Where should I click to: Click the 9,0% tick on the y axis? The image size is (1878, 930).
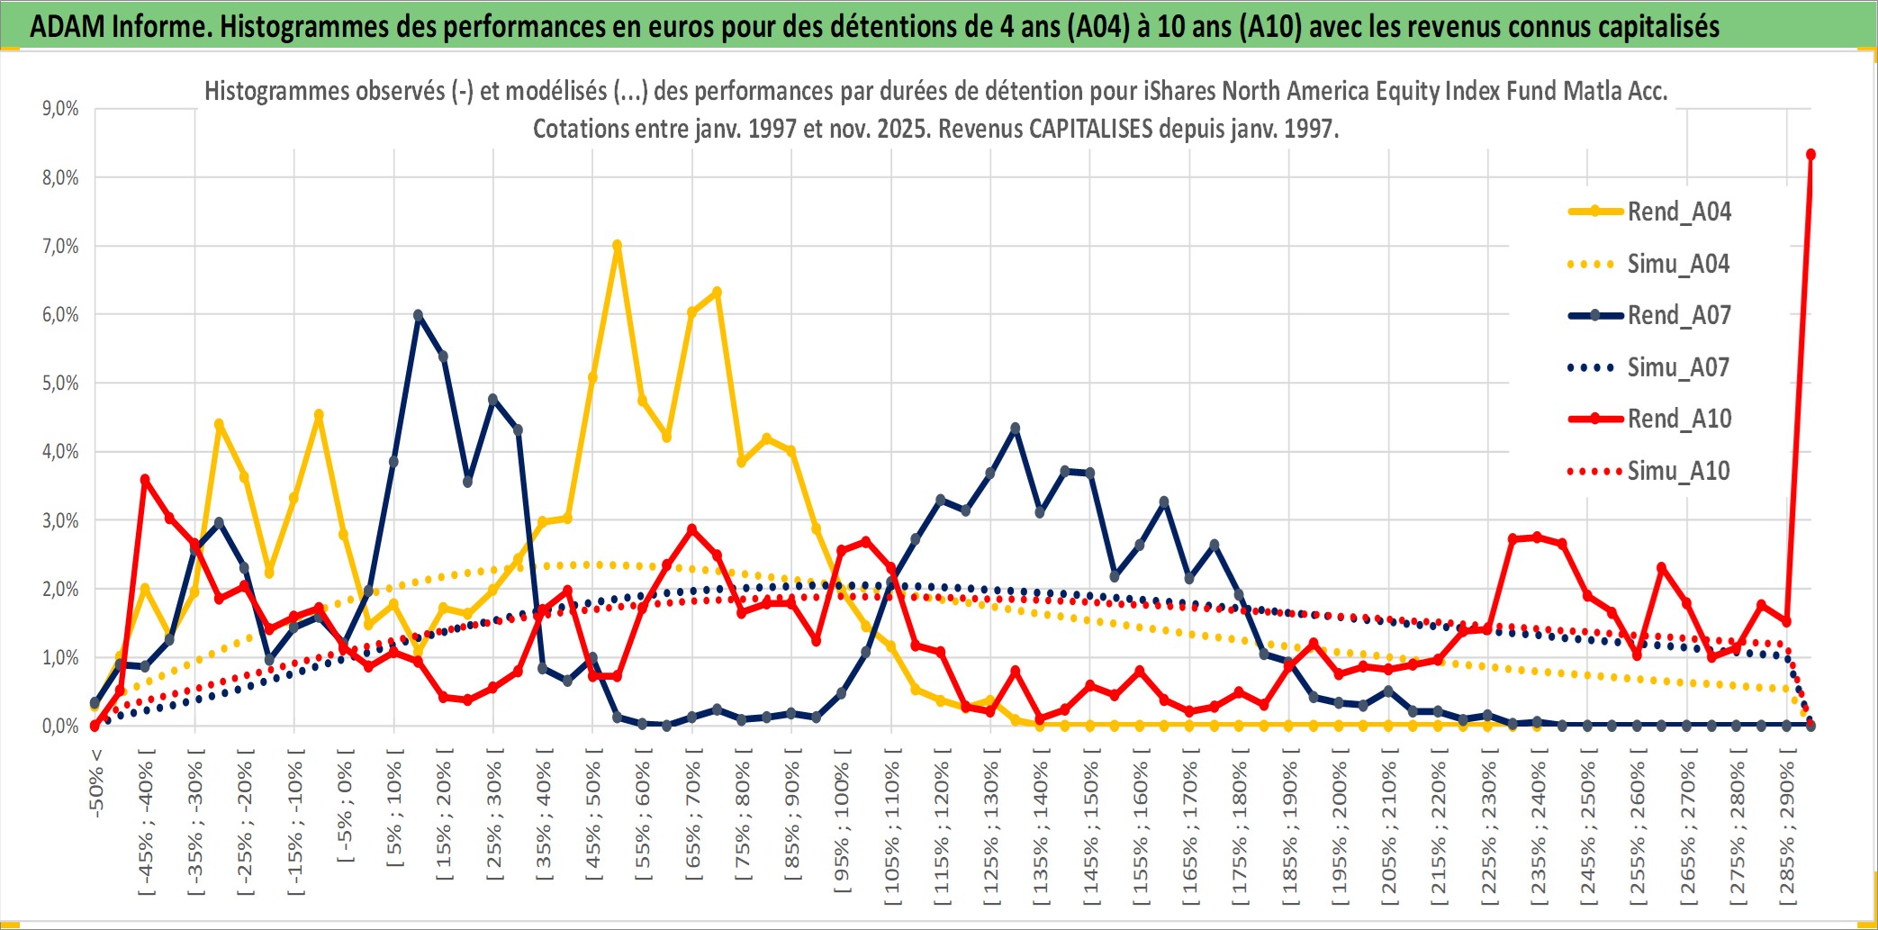tap(60, 109)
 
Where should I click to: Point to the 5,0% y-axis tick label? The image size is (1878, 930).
tap(60, 384)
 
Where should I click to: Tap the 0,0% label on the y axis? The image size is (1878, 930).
tap(60, 726)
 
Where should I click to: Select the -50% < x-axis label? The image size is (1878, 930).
tap(95, 782)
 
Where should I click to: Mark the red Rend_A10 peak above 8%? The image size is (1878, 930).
tap(1810, 155)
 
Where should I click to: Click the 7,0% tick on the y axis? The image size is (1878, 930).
tap(60, 246)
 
